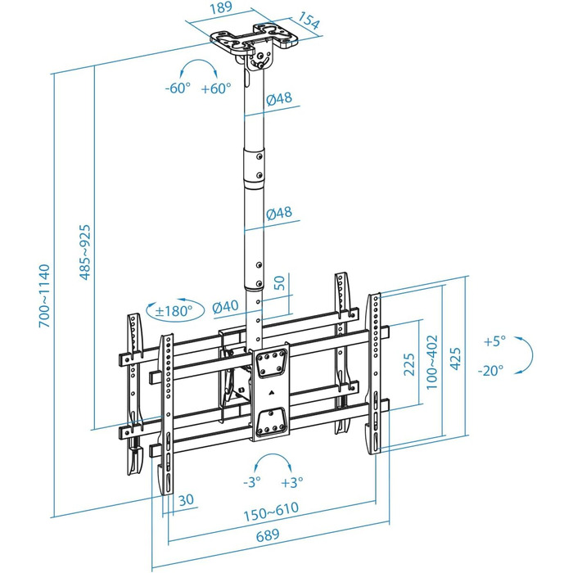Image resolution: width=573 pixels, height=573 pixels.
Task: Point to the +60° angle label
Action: click(216, 89)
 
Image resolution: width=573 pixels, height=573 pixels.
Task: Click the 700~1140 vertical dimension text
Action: click(44, 296)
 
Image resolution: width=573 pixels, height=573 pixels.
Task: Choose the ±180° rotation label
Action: click(174, 310)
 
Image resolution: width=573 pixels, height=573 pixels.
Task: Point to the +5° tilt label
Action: click(494, 341)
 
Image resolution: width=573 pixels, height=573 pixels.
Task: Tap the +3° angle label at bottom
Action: click(292, 481)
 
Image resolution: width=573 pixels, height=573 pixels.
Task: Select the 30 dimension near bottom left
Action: click(186, 500)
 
